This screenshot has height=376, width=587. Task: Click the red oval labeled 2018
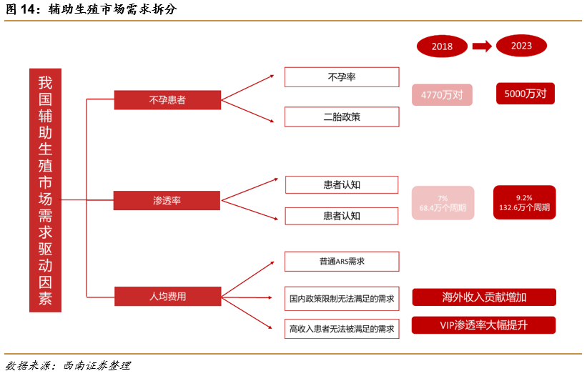click(442, 46)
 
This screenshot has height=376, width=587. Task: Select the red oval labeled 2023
click(521, 46)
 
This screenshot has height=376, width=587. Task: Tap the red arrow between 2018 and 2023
click(482, 46)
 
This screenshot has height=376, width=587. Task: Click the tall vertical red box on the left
click(45, 190)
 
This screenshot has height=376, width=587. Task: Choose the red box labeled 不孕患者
click(167, 100)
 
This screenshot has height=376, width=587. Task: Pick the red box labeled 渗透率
click(167, 200)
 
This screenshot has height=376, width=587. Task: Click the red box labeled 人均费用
click(167, 295)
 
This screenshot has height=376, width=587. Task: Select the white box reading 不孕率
click(341, 77)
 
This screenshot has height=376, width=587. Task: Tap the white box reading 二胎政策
click(341, 117)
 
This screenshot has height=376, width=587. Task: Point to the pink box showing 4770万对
click(442, 94)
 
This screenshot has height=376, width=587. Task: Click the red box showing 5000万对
click(525, 93)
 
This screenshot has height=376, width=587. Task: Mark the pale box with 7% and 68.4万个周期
click(443, 203)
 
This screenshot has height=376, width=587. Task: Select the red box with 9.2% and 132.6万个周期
click(524, 202)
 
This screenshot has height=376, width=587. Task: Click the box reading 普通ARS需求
click(341, 261)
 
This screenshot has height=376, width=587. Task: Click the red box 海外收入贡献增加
click(484, 297)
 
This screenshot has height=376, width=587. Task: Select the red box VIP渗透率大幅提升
click(484, 325)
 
